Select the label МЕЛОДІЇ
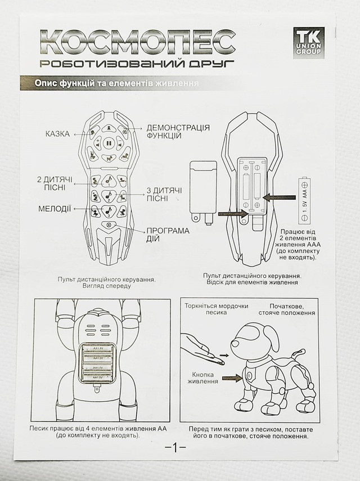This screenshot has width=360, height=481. point(55,209)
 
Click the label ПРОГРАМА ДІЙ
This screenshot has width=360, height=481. point(168,234)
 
